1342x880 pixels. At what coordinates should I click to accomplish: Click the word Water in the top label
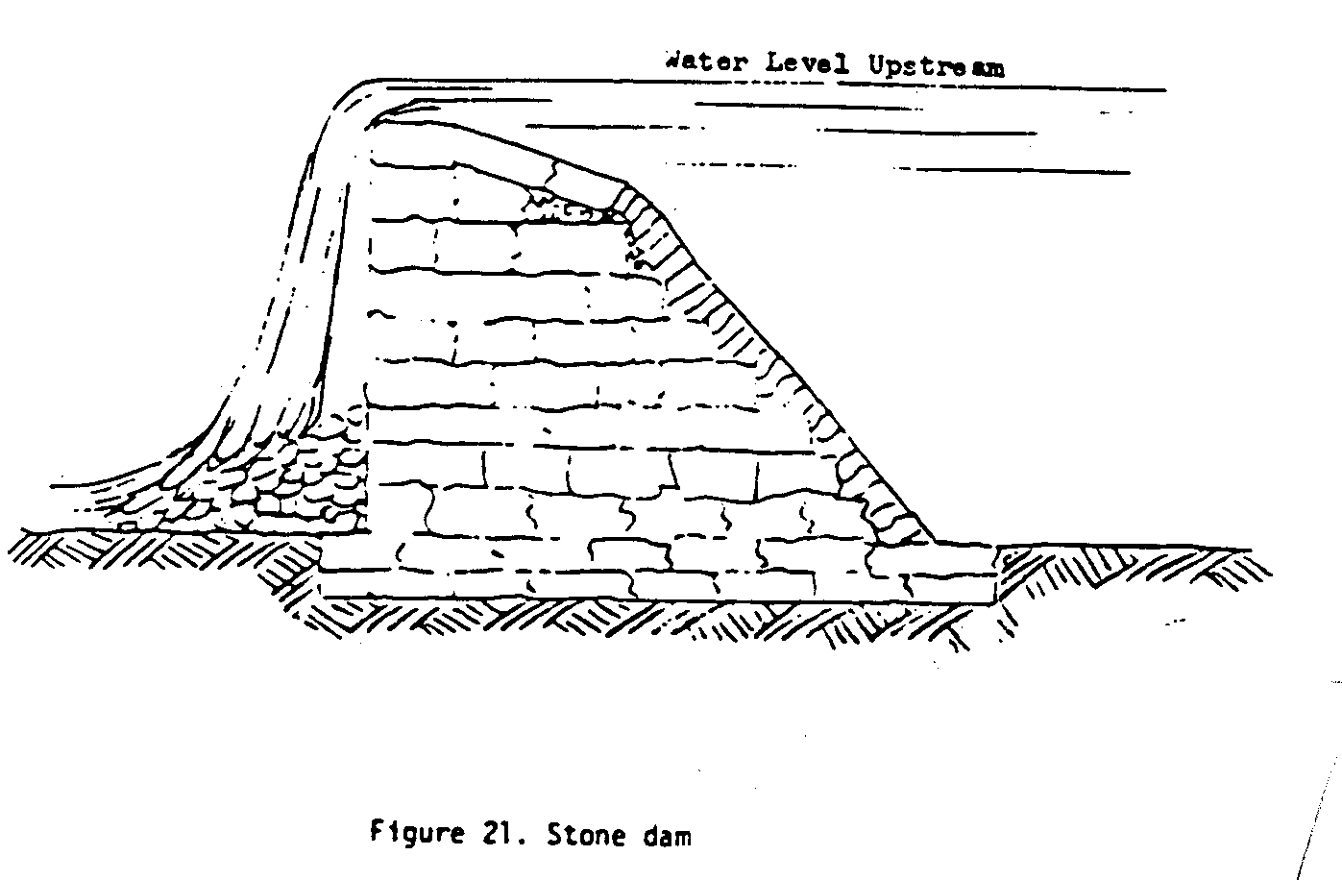[705, 63]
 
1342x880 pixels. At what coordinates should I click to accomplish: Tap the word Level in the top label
[809, 64]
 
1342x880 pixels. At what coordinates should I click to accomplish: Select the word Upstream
[936, 66]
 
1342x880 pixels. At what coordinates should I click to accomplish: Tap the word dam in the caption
[665, 836]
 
